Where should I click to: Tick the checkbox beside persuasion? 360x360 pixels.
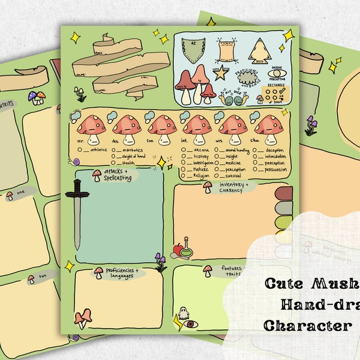pos(255,170)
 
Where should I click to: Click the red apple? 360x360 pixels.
pos(178,248)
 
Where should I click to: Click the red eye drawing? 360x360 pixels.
pos(190,325)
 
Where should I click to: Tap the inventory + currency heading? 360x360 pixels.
pos(230,187)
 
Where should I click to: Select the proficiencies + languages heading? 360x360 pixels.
pos(127,273)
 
